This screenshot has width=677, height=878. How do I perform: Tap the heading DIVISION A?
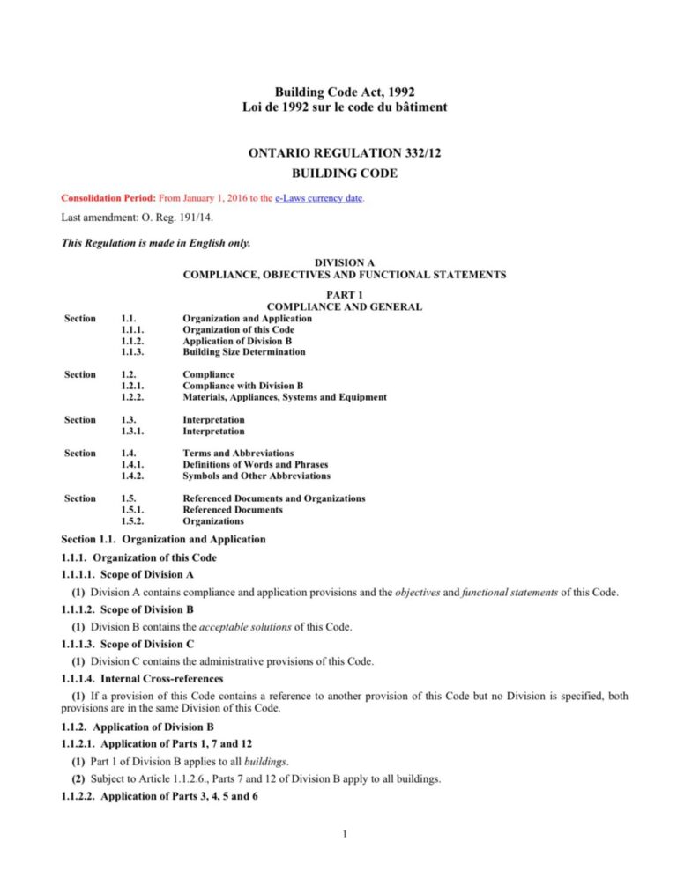[x=344, y=263]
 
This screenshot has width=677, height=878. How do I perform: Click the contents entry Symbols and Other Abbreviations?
[x=257, y=476]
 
